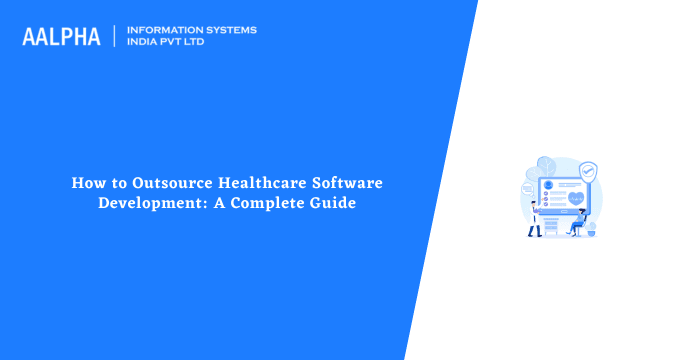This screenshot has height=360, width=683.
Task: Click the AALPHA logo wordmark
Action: [61, 36]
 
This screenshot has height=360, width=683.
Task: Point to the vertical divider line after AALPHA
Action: [115, 36]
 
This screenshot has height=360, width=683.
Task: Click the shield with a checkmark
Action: [588, 172]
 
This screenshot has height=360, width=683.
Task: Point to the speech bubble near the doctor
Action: [527, 188]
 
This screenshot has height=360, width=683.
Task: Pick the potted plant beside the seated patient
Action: [591, 227]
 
